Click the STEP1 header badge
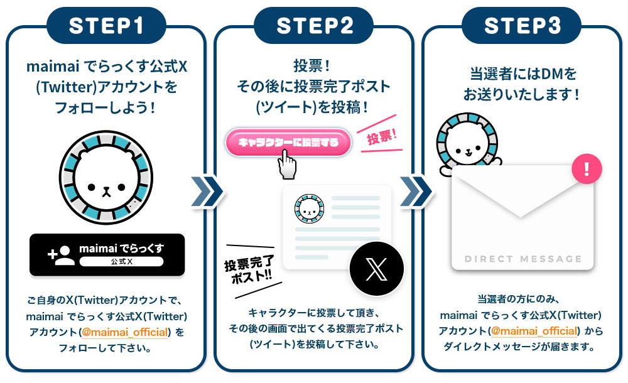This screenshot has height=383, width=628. [106, 25]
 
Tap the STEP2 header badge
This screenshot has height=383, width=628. [314, 25]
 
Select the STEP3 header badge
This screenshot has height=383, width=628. [521, 25]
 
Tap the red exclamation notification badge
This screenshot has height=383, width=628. [587, 168]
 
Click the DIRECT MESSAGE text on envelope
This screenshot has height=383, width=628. [523, 259]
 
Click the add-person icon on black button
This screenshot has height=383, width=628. [62, 254]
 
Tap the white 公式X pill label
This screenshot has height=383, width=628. [121, 261]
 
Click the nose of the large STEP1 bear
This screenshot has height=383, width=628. [107, 188]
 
